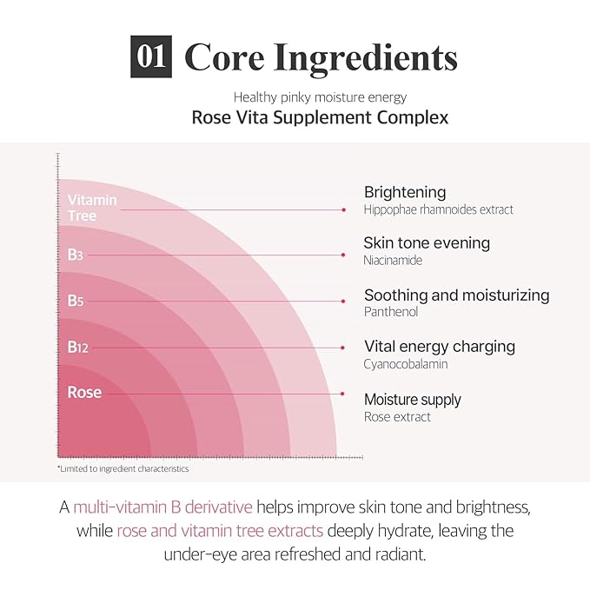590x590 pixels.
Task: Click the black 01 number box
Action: coord(151,57)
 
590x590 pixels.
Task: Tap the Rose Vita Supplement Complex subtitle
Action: coord(320,117)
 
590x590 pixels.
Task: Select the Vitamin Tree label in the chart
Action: coord(92,208)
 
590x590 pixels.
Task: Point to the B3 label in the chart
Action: coord(76,255)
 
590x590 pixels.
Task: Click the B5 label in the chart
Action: coord(76,301)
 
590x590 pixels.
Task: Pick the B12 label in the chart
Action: coord(78,348)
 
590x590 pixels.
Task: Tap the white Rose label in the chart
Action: coord(84,393)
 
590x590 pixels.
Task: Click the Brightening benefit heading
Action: coord(405,192)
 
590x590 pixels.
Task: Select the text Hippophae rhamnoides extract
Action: coord(439,209)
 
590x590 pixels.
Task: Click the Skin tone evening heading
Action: coord(427,243)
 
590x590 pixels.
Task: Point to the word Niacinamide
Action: coord(393,260)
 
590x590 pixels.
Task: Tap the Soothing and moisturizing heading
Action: coord(456,295)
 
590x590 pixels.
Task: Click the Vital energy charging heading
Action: coord(439,347)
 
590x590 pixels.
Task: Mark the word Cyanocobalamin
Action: coord(406,364)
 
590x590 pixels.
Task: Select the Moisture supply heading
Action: coord(413,400)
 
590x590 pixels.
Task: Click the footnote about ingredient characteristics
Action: coord(123,468)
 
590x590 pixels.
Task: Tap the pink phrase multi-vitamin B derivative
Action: coord(163,507)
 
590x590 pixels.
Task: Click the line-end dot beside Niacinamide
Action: coord(344,255)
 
